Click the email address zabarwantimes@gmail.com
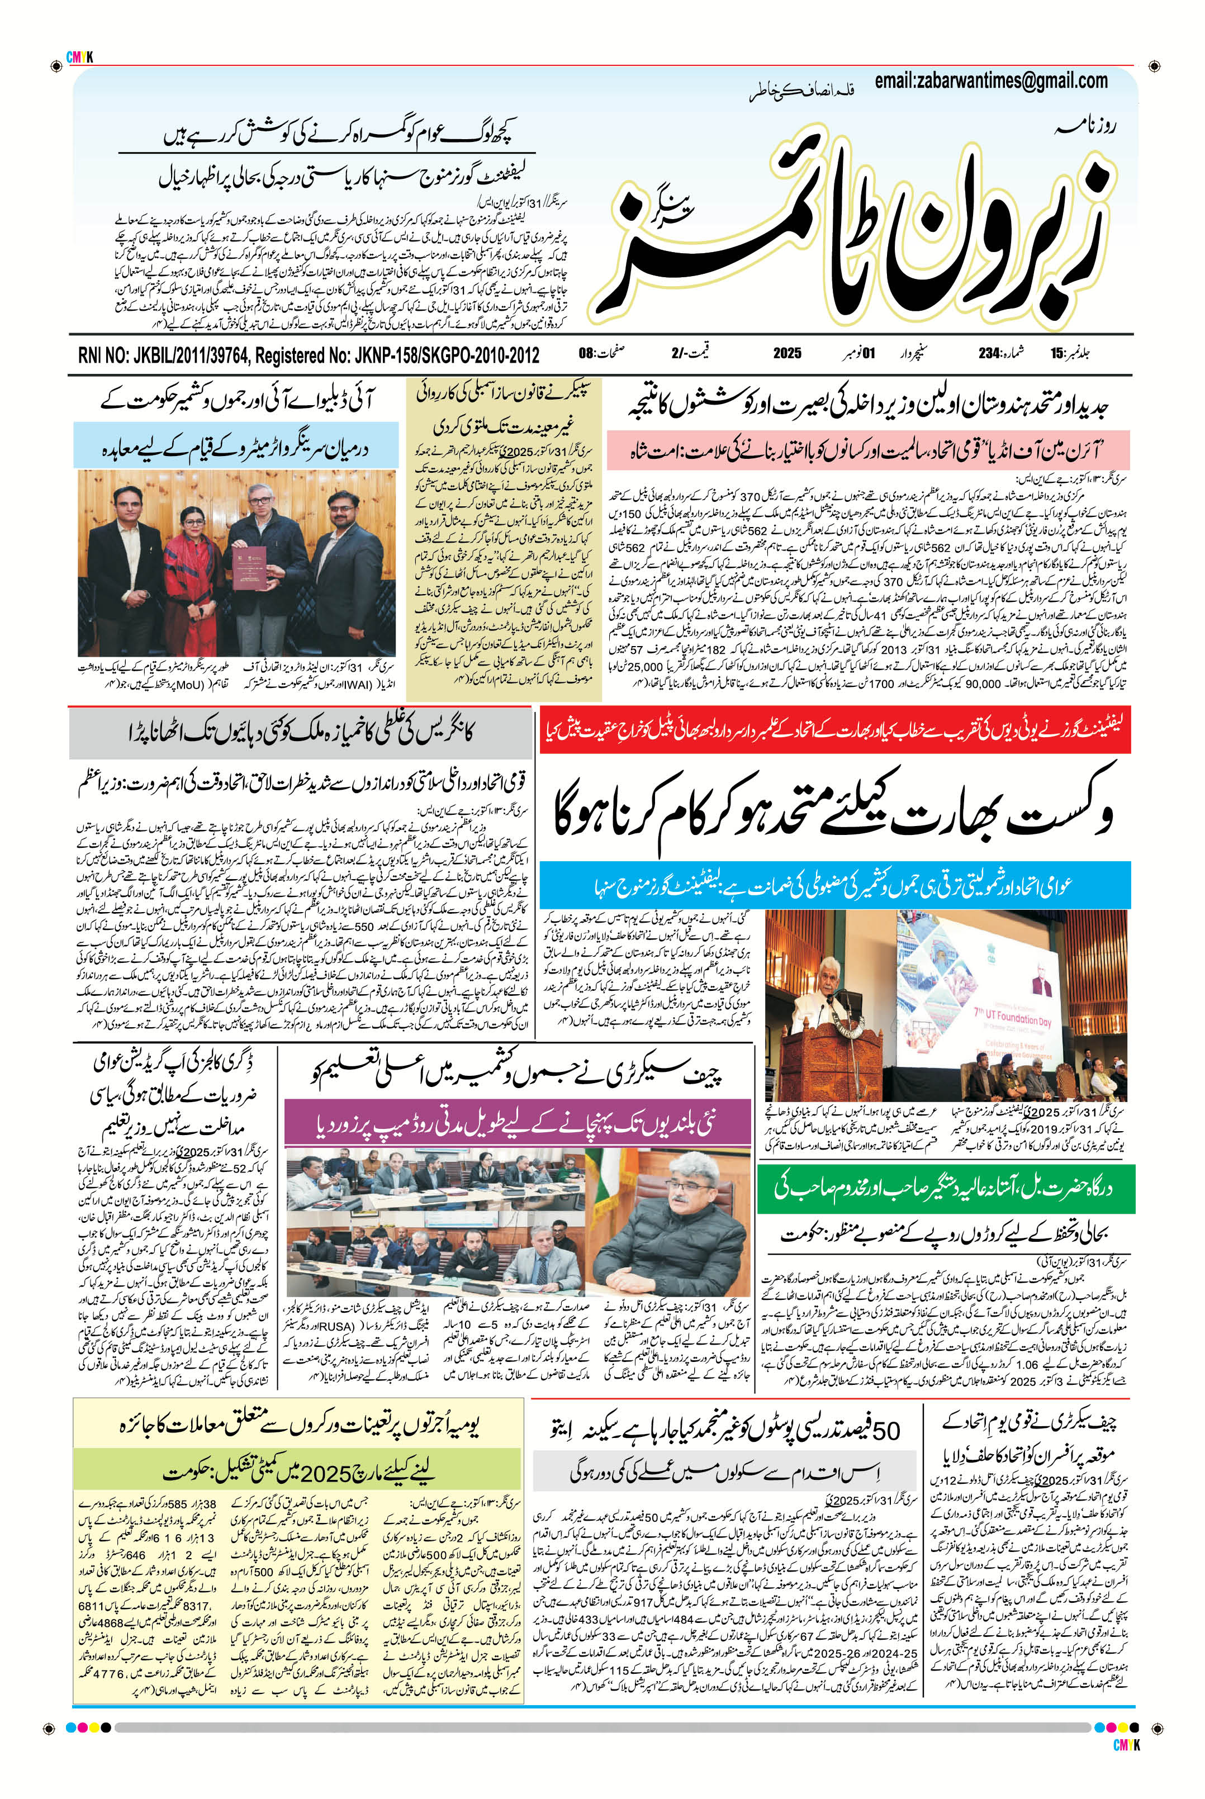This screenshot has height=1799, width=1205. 990,80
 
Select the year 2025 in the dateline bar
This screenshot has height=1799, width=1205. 787,354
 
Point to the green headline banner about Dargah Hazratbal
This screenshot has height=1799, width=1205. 943,1186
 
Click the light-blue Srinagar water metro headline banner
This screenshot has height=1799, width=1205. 236,449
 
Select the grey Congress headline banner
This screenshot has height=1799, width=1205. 300,733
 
